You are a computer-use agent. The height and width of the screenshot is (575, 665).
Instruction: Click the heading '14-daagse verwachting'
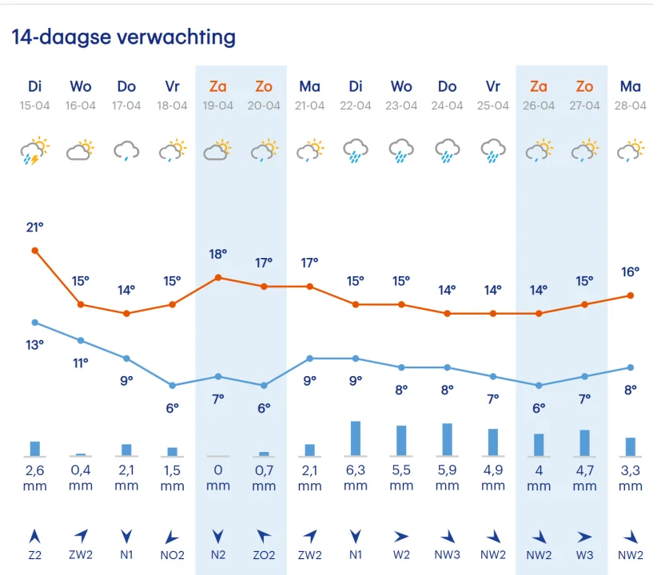pyautogui.click(x=124, y=38)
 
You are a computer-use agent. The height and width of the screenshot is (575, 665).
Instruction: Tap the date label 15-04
pyautogui.click(x=34, y=105)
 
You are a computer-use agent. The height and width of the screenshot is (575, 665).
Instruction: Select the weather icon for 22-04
pyautogui.click(x=355, y=150)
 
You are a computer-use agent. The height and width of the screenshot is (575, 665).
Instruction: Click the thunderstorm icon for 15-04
pyautogui.click(x=34, y=150)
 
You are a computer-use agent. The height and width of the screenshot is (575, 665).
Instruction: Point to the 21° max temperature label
pyautogui.click(x=34, y=228)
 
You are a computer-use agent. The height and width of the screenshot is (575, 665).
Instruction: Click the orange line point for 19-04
pyautogui.click(x=218, y=277)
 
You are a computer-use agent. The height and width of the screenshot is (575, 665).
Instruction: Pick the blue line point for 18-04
pyautogui.click(x=172, y=385)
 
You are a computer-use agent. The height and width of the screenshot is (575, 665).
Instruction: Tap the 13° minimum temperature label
pyautogui.click(x=34, y=345)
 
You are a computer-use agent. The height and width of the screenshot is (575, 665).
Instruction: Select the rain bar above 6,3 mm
pyautogui.click(x=355, y=438)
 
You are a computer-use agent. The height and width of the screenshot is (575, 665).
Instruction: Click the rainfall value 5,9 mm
pyautogui.click(x=447, y=478)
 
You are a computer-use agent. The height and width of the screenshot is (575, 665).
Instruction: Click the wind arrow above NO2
pyautogui.click(x=172, y=536)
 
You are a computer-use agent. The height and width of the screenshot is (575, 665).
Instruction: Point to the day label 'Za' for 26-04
pyautogui.click(x=539, y=86)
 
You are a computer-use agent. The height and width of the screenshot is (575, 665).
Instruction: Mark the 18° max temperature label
pyautogui.click(x=218, y=254)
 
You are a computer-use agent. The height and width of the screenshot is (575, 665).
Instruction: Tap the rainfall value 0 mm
pyautogui.click(x=218, y=478)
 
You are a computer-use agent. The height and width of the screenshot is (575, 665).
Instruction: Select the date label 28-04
pyautogui.click(x=631, y=105)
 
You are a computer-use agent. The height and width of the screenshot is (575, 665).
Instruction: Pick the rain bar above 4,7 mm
pyautogui.click(x=585, y=442)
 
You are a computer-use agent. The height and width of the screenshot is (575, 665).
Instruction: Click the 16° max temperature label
pyautogui.click(x=631, y=272)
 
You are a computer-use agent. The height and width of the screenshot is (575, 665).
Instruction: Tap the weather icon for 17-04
pyautogui.click(x=126, y=150)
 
